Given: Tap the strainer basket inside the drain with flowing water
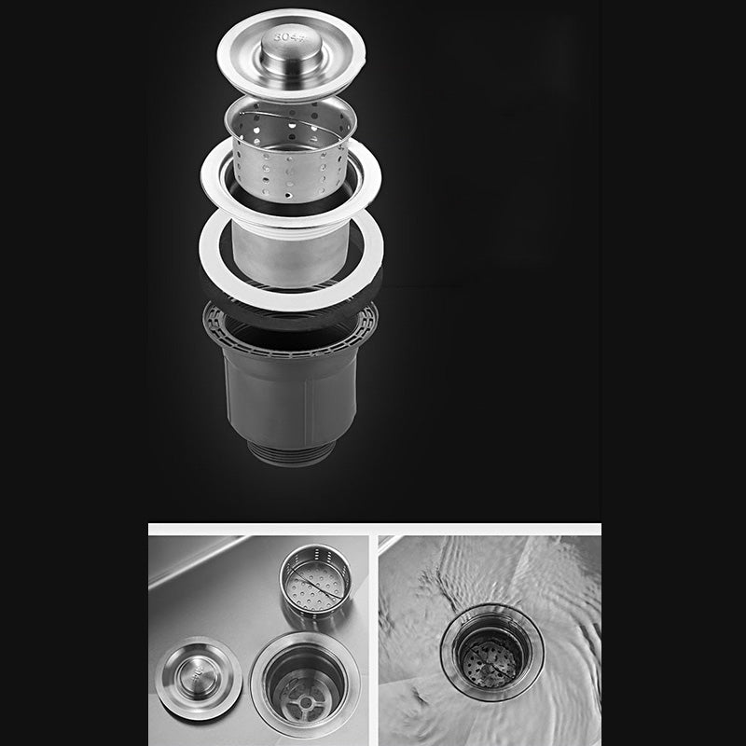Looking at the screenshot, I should point(492,657).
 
